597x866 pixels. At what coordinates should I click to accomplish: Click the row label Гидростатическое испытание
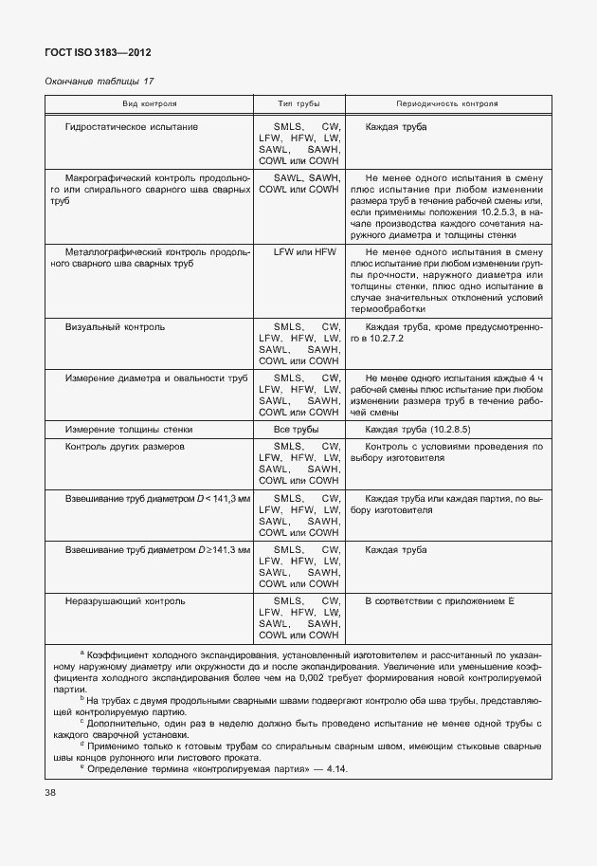pyautogui.click(x=131, y=127)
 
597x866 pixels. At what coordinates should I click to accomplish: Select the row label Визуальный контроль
pyautogui.click(x=115, y=327)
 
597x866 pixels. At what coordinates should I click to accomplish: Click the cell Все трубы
pyautogui.click(x=298, y=430)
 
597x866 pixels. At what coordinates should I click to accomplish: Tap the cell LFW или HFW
pyautogui.click(x=298, y=251)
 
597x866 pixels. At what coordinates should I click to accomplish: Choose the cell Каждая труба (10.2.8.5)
pyautogui.click(x=424, y=430)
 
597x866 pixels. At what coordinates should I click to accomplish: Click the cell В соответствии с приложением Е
pyautogui.click(x=439, y=600)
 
